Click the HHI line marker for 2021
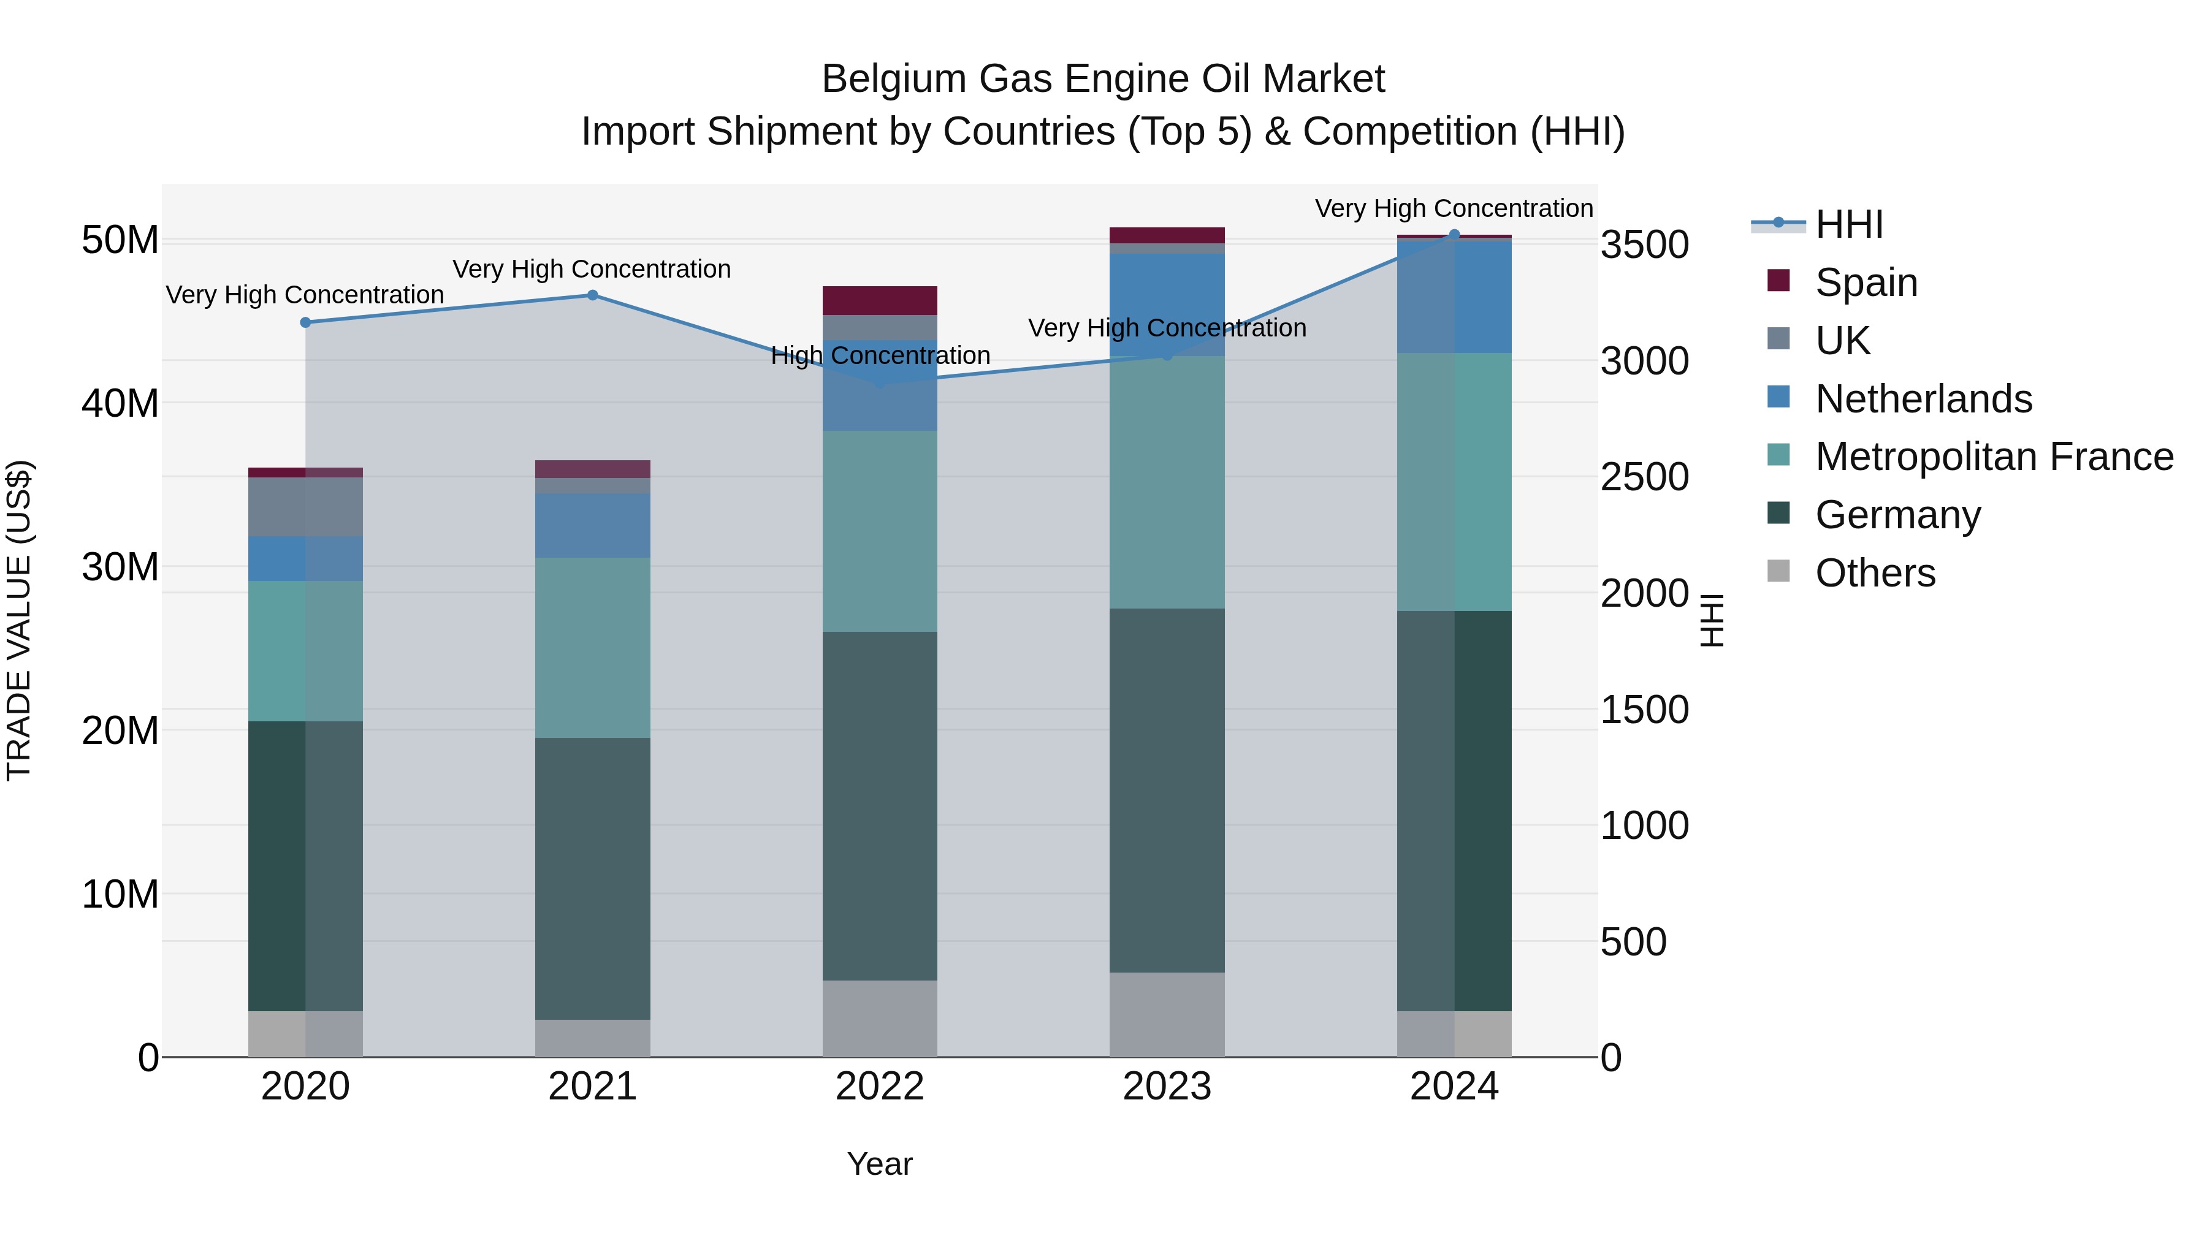point(592,295)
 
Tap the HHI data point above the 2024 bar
point(1454,234)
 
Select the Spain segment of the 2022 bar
point(880,301)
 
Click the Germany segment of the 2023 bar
point(1167,790)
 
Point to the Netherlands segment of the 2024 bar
point(1454,297)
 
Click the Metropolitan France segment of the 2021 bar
point(592,648)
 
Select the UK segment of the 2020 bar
point(305,507)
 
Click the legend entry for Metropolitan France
point(1994,457)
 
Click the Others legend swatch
point(1778,571)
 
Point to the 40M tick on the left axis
point(120,403)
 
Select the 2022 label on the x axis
point(880,1087)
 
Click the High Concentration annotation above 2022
point(880,355)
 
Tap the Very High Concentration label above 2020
point(305,295)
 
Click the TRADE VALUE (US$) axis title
point(19,620)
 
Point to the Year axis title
point(880,1164)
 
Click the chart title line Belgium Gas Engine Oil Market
point(1103,79)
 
